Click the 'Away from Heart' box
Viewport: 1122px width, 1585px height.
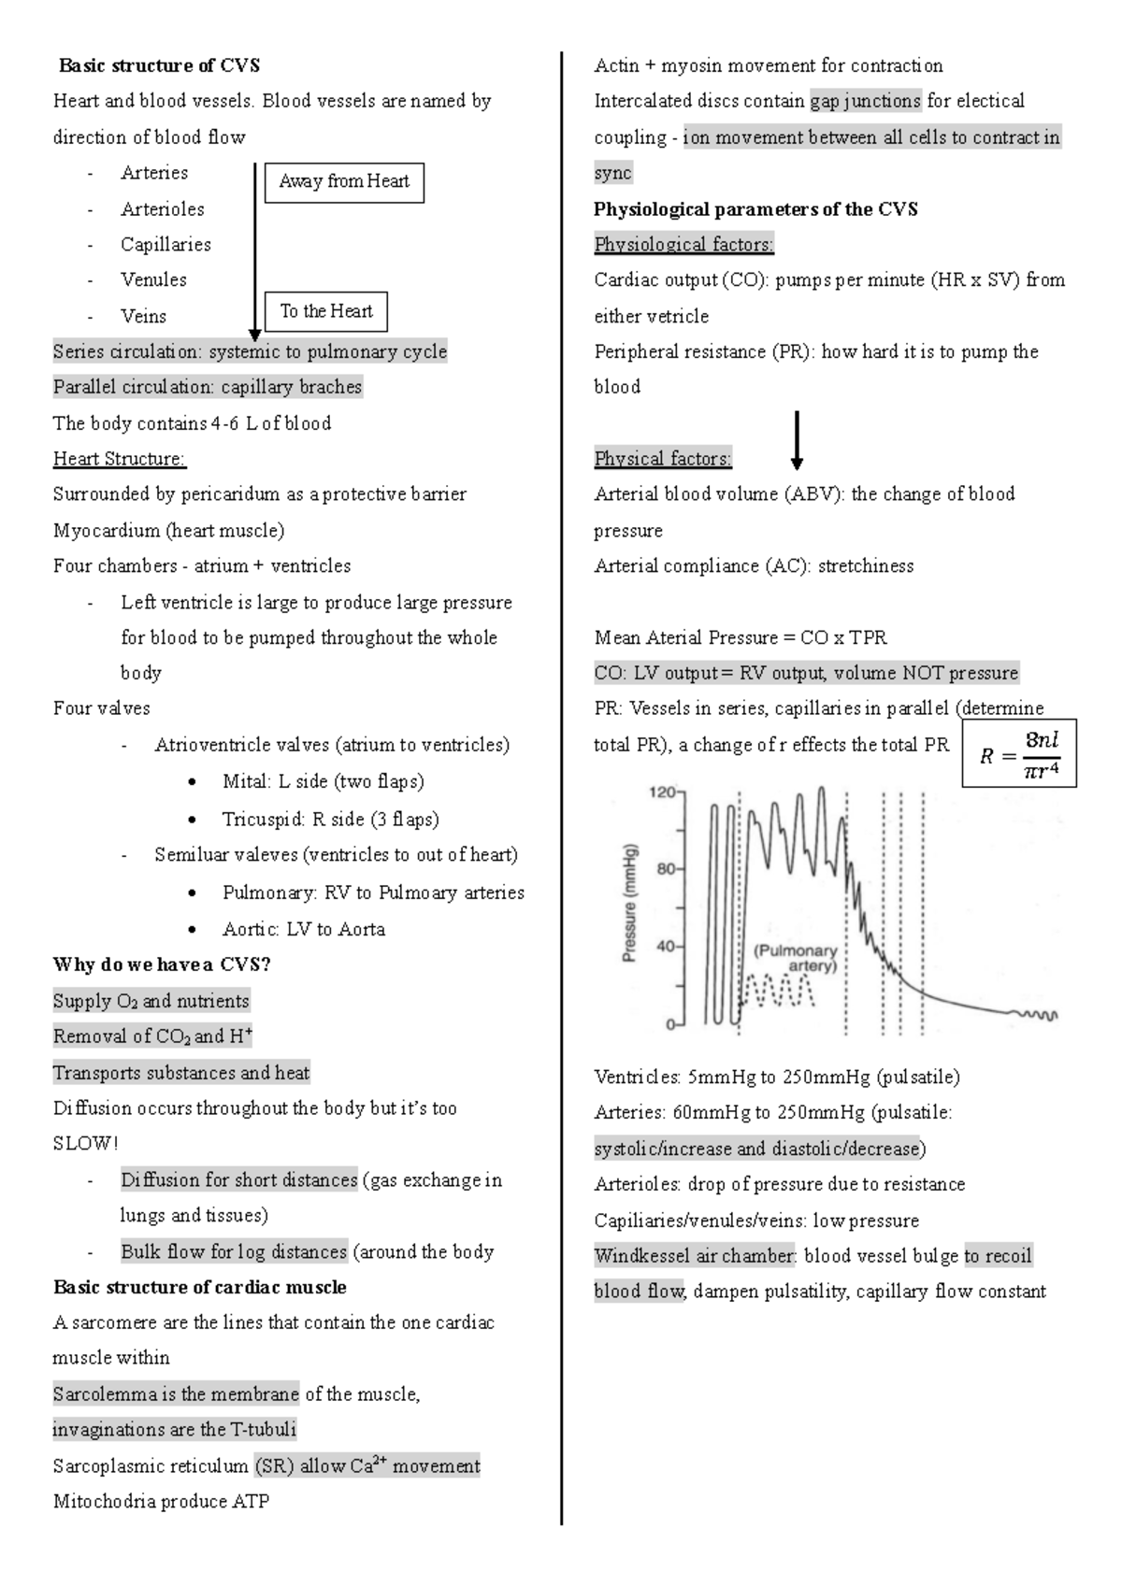tap(344, 182)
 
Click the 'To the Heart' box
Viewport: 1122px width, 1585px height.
tap(325, 311)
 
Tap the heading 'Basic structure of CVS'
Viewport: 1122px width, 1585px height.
tap(159, 65)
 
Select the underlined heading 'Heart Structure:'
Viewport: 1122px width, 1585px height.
tap(120, 459)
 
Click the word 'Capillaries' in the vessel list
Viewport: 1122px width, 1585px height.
tap(165, 244)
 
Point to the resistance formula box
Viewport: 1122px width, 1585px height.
tap(1019, 752)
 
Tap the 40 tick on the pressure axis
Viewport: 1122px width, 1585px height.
tap(666, 946)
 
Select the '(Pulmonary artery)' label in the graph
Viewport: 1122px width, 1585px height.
tap(796, 958)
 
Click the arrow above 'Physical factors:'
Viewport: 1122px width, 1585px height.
tap(797, 439)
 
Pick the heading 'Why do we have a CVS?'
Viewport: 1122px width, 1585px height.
tap(162, 964)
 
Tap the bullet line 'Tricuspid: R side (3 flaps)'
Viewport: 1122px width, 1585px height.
tap(330, 820)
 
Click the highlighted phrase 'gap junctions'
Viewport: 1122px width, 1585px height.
tap(866, 101)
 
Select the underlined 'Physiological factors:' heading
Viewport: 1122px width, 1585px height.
tap(683, 245)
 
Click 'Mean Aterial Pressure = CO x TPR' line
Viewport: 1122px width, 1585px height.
tap(741, 637)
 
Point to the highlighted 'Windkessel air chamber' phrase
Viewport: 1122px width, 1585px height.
tap(695, 1256)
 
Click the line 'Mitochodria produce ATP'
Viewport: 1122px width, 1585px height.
tap(161, 1502)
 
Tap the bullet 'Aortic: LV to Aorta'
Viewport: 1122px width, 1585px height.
tap(303, 929)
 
